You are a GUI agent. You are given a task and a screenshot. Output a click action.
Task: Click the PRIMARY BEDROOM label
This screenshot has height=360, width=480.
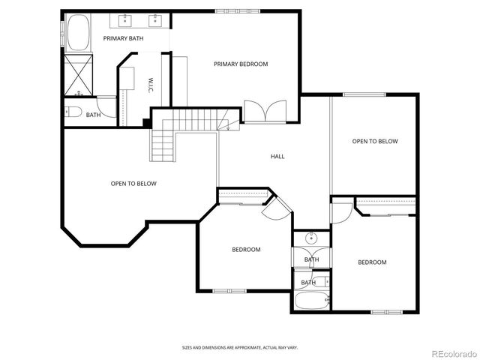click(x=240, y=64)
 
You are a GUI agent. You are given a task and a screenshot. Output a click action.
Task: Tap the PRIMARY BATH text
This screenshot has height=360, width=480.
click(x=123, y=38)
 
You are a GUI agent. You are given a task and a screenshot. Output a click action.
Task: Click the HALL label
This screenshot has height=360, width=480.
click(x=277, y=156)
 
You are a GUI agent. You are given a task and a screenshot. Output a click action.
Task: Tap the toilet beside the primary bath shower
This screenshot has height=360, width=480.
click(x=73, y=112)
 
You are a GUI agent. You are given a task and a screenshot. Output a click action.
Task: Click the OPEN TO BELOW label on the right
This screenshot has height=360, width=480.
click(x=375, y=141)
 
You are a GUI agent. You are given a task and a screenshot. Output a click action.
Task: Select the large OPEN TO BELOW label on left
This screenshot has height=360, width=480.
click(x=133, y=184)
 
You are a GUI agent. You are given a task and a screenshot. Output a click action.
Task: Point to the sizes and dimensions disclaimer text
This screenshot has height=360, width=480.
click(x=239, y=348)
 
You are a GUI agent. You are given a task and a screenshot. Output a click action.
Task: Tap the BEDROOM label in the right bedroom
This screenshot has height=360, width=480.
click(x=371, y=262)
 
